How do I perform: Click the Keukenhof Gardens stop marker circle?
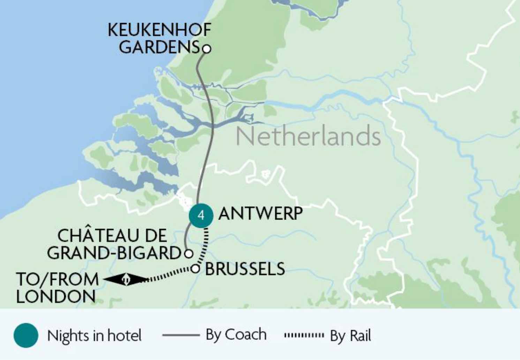point(207,49)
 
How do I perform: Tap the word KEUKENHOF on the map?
point(159,30)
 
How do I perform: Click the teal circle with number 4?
point(201,215)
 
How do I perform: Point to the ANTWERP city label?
point(260,213)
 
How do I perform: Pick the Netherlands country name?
point(308,136)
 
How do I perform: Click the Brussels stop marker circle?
point(195,269)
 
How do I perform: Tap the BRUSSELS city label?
point(245,269)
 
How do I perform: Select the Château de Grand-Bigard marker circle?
point(188,253)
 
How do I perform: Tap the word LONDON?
point(56,297)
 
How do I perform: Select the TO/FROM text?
point(58,279)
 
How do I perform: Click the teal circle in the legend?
point(26,335)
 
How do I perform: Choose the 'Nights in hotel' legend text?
point(94,336)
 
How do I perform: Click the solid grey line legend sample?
point(181,335)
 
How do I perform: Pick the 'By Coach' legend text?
point(236,335)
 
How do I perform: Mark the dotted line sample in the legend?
point(304,335)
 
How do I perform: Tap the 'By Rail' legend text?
point(350,336)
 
